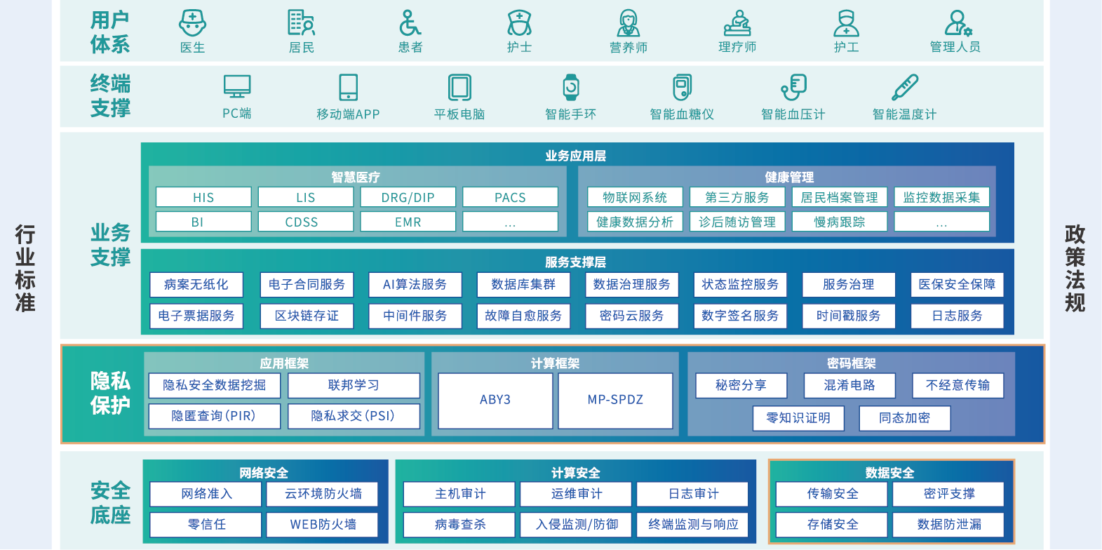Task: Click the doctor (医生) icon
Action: coord(192,23)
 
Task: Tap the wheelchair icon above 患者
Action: coord(410,23)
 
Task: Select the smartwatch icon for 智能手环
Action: coord(571,88)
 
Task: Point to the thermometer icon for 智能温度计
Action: coord(904,88)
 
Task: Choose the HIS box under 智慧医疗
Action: coord(203,197)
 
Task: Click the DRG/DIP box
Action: coord(408,197)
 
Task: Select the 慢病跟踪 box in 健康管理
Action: coord(840,222)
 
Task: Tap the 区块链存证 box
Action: coord(307,316)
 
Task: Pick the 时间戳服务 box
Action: coord(848,316)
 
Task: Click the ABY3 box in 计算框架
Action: coord(495,400)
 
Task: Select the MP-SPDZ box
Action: coord(615,400)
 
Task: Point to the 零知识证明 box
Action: coord(798,418)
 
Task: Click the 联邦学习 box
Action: coord(354,385)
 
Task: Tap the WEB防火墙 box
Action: coord(323,524)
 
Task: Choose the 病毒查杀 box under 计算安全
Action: coord(459,524)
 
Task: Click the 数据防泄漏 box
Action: coord(948,524)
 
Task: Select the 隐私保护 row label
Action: coord(110,393)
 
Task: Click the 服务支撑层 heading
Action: coord(575,262)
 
